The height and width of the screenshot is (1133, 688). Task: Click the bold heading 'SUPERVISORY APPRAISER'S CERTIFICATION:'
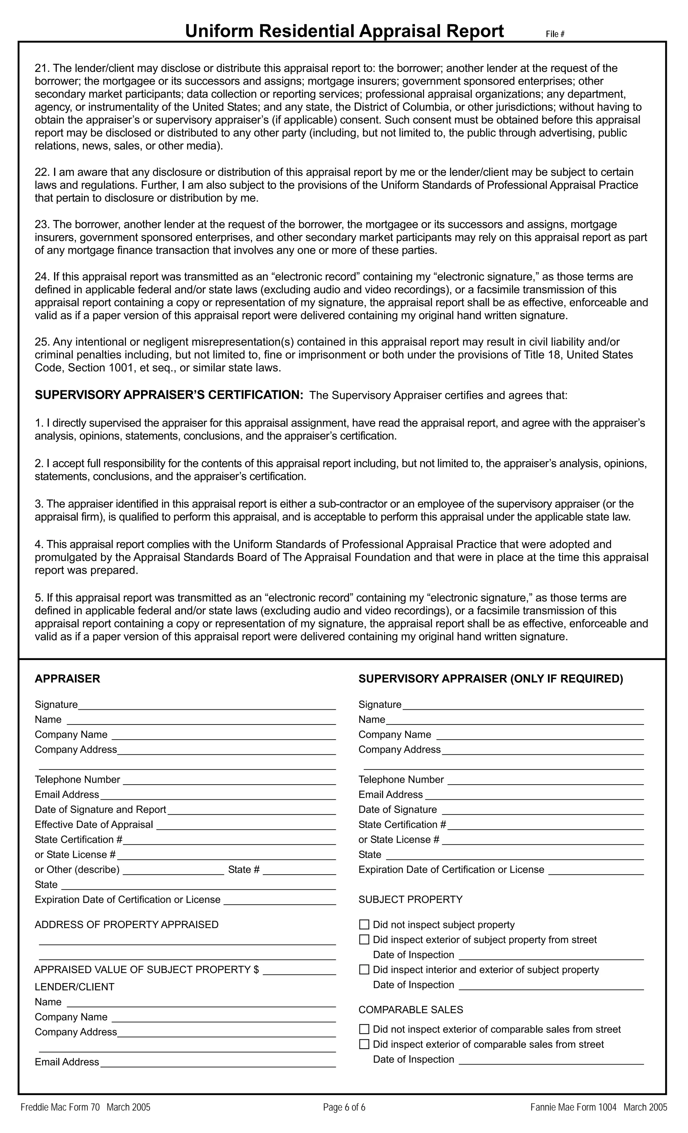pos(169,395)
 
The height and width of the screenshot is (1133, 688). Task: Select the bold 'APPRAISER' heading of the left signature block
pos(67,679)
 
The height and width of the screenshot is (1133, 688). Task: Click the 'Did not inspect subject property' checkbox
pos(364,924)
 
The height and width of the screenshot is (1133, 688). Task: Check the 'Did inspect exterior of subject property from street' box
pos(364,940)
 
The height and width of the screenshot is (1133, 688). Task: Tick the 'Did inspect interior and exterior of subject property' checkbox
pos(364,969)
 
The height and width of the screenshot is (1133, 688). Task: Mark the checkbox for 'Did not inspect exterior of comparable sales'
pos(364,1029)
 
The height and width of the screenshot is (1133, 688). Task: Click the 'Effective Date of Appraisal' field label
pos(94,824)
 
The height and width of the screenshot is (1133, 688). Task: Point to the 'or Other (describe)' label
pos(77,870)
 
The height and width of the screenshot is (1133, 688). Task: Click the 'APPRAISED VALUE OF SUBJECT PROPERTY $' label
pos(146,969)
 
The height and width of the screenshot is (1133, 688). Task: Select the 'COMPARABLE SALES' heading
pos(410,1009)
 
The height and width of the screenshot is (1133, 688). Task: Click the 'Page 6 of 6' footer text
pos(344,1107)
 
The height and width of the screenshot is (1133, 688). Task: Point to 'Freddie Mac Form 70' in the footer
pos(60,1107)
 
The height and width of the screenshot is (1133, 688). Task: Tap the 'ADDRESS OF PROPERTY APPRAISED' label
pos(126,924)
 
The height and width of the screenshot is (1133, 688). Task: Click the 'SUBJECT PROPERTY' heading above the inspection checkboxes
pos(410,900)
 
